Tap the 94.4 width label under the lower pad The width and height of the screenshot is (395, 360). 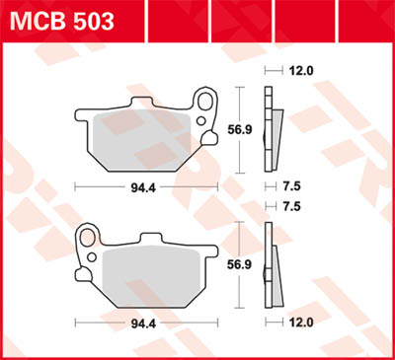point(146,322)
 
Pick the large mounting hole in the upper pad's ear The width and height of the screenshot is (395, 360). point(206,100)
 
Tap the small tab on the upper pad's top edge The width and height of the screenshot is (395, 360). point(146,105)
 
